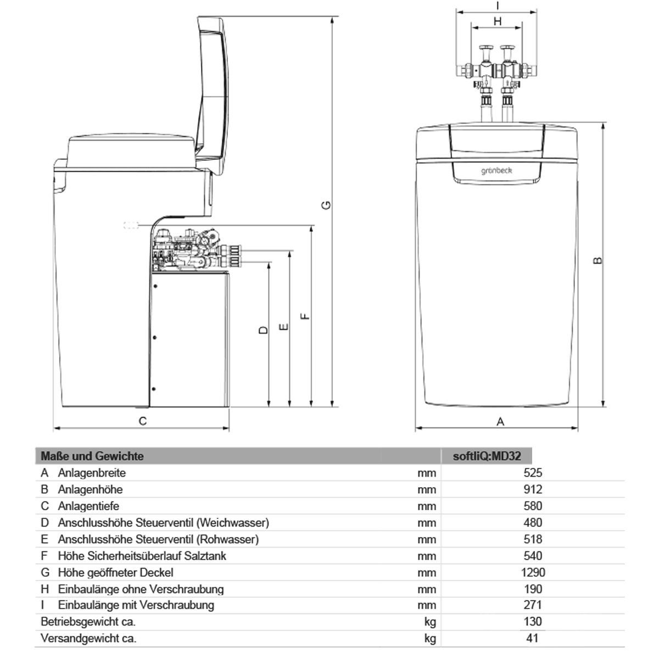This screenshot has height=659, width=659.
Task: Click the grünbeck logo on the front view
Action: (496, 170)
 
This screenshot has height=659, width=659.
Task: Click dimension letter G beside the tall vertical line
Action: (326, 205)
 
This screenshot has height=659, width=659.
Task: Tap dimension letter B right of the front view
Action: (597, 261)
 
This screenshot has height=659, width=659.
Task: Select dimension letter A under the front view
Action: (500, 421)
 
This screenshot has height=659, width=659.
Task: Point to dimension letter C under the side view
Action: (143, 421)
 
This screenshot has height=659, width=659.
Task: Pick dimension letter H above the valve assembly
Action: (498, 21)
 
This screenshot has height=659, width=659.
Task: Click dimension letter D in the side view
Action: (264, 330)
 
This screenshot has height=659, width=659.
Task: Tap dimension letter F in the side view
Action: (305, 316)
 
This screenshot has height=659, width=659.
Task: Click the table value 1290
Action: (533, 572)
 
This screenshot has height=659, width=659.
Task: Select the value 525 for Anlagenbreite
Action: (533, 473)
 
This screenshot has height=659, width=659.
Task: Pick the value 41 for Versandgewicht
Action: (533, 638)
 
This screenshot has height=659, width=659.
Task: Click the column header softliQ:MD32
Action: (487, 456)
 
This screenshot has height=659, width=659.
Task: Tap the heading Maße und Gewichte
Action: (92, 456)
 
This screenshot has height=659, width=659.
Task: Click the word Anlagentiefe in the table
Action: (88, 506)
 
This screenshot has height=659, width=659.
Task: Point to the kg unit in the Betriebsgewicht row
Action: (430, 622)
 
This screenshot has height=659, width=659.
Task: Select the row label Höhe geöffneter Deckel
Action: (115, 572)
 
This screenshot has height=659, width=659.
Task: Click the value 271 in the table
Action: (533, 605)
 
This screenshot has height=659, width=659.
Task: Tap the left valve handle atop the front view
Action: (486, 48)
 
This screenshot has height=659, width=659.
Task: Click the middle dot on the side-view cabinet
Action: (154, 338)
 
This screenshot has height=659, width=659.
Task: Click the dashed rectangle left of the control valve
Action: (131, 225)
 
